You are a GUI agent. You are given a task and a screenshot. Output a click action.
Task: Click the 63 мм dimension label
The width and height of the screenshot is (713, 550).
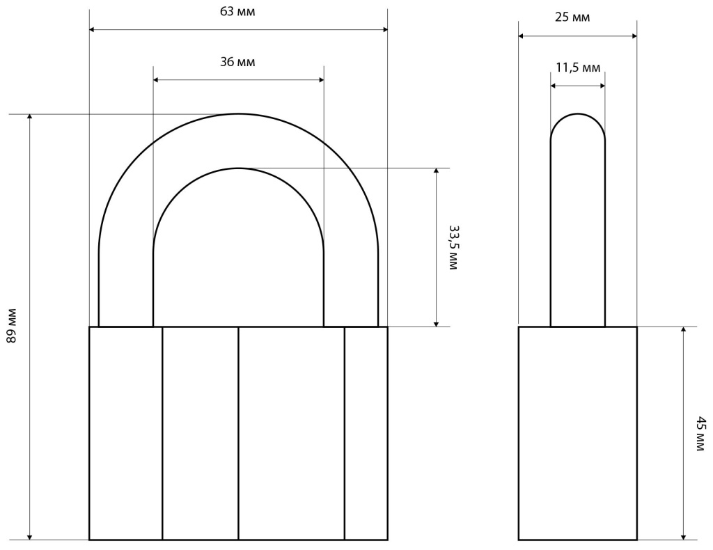(x=237, y=11)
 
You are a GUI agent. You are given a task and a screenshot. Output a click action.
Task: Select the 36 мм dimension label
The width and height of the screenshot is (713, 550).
(x=237, y=61)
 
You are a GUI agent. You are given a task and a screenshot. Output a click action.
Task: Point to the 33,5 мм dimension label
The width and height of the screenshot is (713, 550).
(x=453, y=247)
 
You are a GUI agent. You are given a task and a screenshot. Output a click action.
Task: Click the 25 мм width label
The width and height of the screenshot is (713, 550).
(x=572, y=17)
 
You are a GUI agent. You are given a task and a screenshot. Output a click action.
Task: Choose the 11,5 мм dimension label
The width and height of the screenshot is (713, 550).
(x=578, y=68)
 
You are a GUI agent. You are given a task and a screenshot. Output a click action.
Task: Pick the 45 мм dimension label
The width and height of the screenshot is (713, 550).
(x=702, y=433)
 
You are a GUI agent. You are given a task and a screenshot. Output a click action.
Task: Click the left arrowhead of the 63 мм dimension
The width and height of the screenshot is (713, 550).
(x=92, y=29)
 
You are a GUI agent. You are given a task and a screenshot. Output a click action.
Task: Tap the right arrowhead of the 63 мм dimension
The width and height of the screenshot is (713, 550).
(x=384, y=29)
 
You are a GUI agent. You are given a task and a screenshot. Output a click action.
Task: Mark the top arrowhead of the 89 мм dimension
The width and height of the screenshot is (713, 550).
(x=30, y=117)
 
